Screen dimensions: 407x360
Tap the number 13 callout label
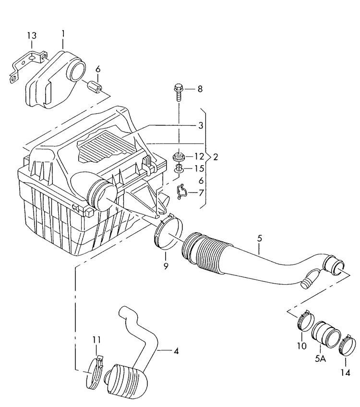click(31, 36)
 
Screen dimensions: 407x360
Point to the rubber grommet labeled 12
click(179, 156)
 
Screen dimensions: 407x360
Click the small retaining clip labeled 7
click(182, 192)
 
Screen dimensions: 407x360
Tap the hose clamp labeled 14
click(348, 346)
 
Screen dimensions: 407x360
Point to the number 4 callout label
click(176, 351)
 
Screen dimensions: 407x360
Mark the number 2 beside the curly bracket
click(216, 157)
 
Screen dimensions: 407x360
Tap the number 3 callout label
click(202, 126)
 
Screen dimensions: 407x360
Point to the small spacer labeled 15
click(179, 168)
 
